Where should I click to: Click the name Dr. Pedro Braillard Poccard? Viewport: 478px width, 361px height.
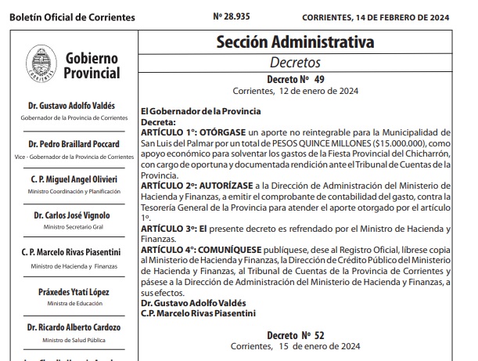[x=73, y=145]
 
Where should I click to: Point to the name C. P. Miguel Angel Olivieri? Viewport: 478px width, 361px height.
[x=73, y=179]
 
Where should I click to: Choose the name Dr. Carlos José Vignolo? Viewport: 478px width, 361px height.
[x=73, y=215]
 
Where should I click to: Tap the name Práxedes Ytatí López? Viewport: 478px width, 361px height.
[x=73, y=291]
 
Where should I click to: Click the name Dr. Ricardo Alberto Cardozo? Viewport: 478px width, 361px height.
[x=73, y=327]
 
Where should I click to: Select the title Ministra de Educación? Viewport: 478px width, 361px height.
[x=73, y=303]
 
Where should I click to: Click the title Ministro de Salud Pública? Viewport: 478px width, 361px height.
[x=73, y=339]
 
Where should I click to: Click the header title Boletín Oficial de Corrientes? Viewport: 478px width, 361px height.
[x=70, y=17]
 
